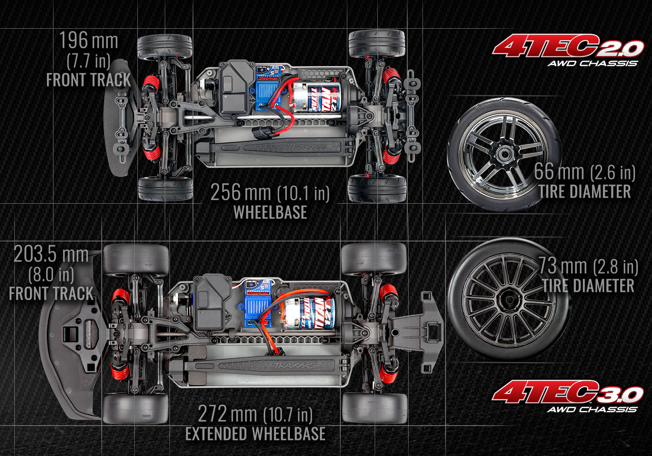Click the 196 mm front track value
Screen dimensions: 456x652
coord(88,41)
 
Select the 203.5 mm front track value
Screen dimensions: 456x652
coord(51,254)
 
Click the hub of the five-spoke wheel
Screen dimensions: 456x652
coord(504,154)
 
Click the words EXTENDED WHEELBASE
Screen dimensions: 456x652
coord(255,434)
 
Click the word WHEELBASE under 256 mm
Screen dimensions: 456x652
coord(270,212)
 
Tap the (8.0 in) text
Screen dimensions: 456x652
coord(51,274)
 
